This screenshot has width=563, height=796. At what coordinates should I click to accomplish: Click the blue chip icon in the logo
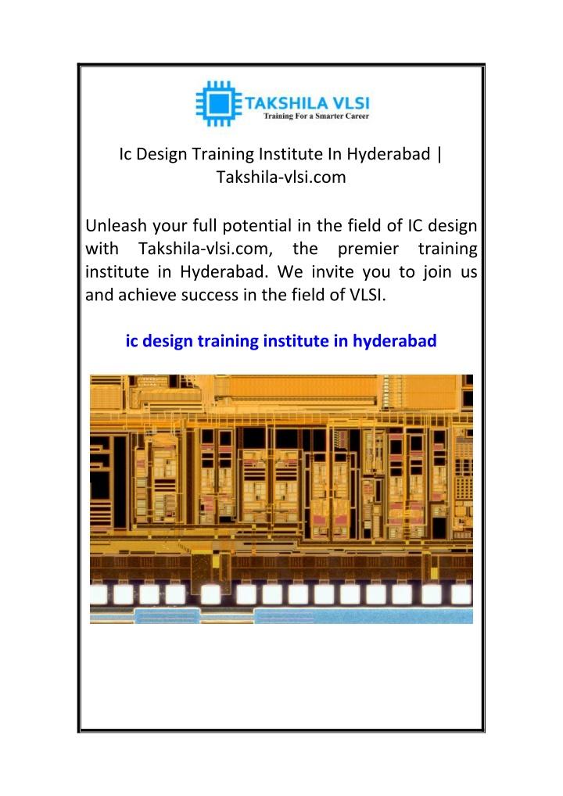219,103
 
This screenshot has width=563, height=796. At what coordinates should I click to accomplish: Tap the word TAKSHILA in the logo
286,103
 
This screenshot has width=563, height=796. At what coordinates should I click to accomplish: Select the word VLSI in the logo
351,103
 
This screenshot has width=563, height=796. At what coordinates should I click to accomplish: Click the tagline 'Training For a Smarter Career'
316,117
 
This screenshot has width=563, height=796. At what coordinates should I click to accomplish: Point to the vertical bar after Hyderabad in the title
439,154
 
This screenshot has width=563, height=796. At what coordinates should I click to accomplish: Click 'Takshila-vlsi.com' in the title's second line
281,177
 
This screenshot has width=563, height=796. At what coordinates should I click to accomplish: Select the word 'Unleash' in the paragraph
117,225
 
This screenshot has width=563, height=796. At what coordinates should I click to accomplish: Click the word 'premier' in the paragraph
368,249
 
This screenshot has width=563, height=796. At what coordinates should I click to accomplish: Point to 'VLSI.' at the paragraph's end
368,295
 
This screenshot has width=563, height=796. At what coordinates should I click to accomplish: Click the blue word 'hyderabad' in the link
394,341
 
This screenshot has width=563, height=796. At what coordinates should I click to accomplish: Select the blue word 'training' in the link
228,342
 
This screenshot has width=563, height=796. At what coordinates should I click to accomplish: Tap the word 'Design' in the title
161,154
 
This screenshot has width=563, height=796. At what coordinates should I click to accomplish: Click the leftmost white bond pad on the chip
98,594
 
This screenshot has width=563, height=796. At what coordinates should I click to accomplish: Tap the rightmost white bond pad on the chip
461,594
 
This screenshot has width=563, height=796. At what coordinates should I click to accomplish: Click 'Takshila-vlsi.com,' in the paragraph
206,249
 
